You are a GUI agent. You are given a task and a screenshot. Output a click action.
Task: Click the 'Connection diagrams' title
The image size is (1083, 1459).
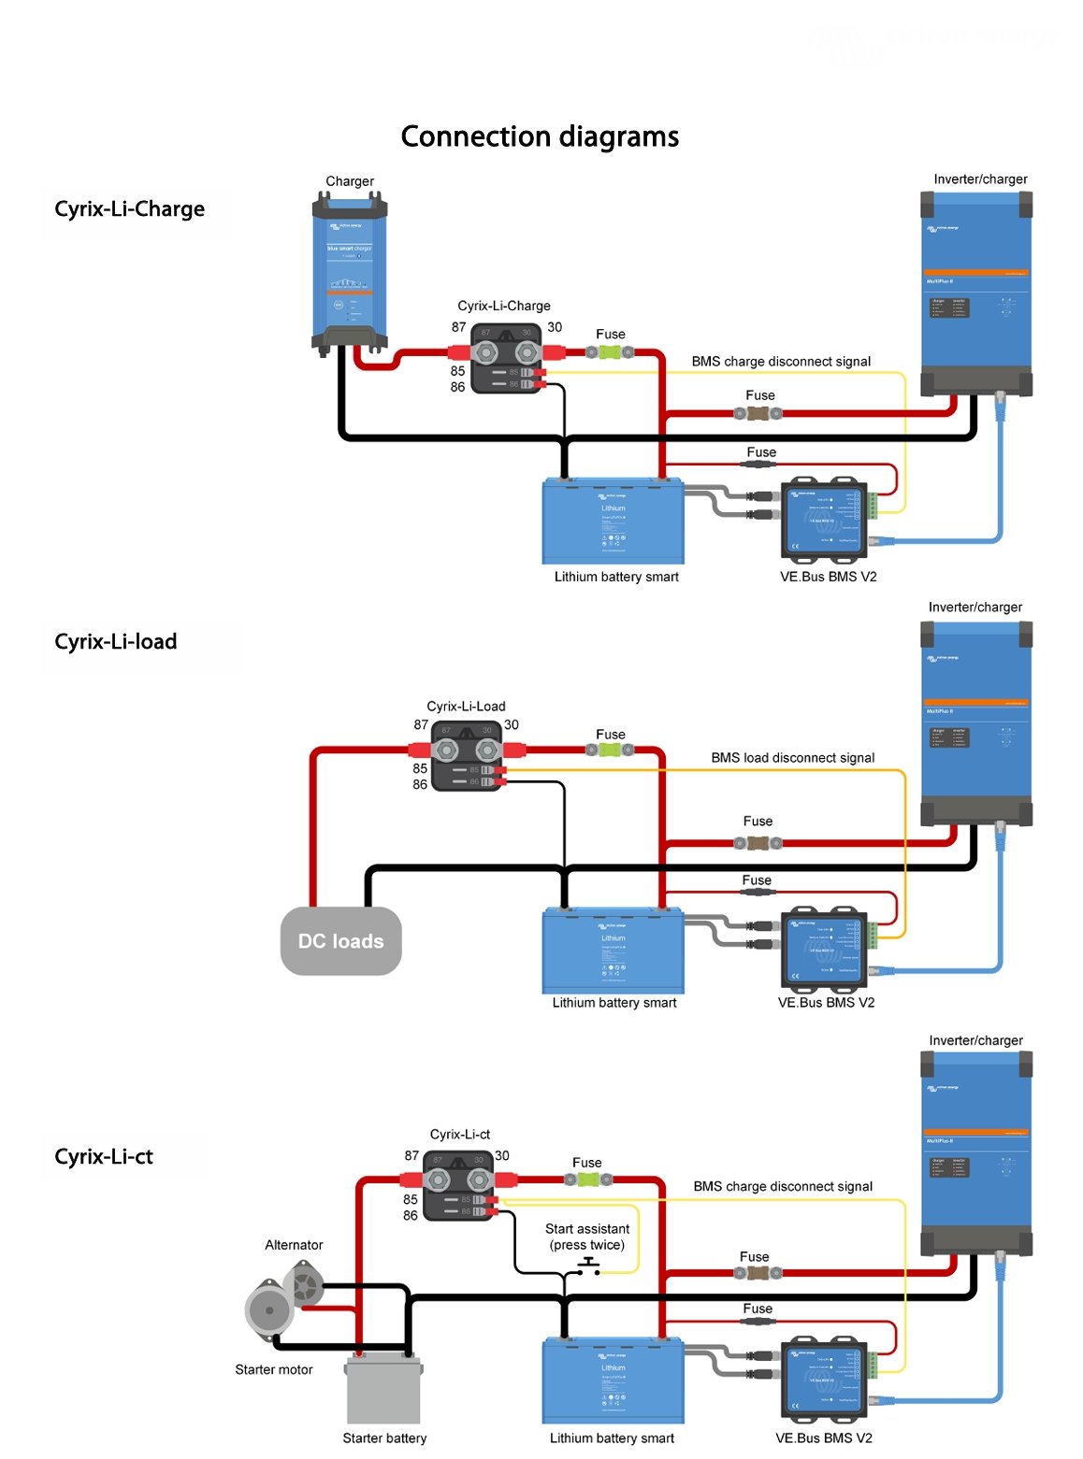540,136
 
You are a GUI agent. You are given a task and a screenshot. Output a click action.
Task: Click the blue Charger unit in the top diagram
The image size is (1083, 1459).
349,271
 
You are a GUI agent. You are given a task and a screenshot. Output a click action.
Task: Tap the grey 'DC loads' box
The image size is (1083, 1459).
340,941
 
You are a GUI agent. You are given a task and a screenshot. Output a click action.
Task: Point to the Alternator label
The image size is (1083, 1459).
294,1245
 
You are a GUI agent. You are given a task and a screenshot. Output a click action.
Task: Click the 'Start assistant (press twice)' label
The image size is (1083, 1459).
587,1237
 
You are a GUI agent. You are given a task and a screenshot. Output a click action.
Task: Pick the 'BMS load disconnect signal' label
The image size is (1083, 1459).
792,758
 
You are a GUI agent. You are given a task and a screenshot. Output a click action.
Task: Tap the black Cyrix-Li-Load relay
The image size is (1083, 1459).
467,755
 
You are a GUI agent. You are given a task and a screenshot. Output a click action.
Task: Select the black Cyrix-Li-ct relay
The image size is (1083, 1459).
458,1185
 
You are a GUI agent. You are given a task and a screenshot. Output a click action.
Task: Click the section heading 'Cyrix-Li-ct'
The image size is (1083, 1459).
104,1157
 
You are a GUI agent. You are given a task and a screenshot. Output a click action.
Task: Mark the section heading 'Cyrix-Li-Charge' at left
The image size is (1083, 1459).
129,209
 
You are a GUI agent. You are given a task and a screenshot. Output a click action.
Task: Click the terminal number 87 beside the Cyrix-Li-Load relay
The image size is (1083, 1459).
421,725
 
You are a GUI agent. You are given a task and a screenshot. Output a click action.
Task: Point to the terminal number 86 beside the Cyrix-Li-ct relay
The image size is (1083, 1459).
411,1216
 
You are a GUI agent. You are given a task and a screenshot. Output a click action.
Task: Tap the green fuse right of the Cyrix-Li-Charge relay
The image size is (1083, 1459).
610,352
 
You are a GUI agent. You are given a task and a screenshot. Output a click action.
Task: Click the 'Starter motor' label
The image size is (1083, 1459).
274,1370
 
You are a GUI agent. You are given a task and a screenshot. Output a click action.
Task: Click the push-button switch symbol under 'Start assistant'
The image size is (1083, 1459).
588,1266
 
